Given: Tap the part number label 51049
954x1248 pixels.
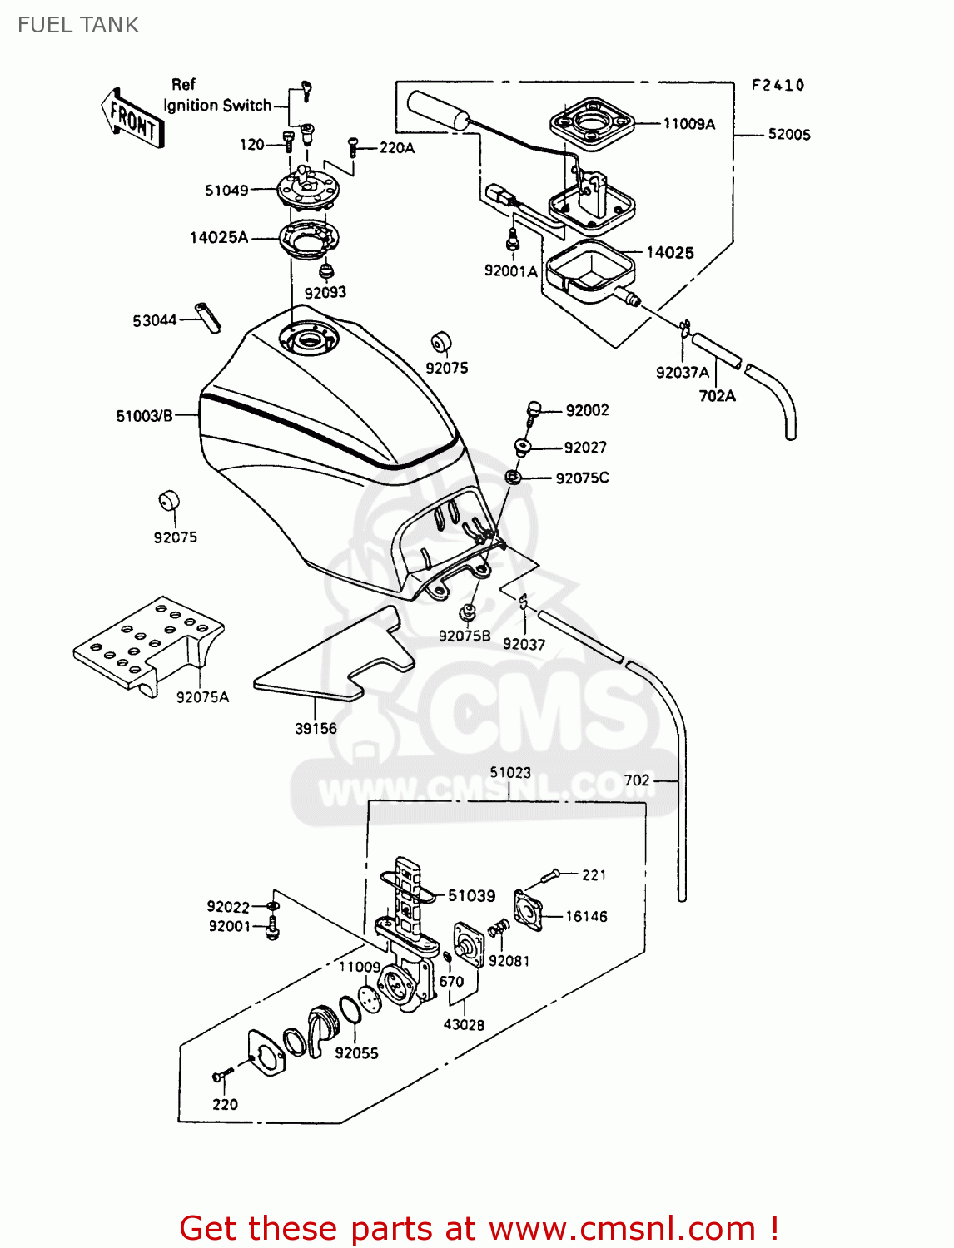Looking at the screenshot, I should (226, 191).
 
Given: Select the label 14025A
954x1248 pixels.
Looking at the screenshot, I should (219, 238).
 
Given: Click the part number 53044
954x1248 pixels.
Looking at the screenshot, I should (155, 320).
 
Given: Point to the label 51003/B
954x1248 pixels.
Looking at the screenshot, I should (145, 415).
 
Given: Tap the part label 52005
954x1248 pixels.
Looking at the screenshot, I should (788, 135).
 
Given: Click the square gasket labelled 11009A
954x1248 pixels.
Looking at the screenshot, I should (592, 124).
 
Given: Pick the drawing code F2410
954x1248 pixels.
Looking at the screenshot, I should (778, 85).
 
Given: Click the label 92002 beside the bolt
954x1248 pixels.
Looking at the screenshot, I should (587, 410).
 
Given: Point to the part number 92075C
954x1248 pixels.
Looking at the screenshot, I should (582, 478).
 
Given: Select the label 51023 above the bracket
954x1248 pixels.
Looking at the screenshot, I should (509, 772).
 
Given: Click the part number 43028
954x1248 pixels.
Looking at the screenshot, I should (464, 1024).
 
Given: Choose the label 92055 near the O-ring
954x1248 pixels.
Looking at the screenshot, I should (356, 1052).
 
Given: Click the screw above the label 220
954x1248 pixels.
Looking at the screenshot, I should (219, 1077).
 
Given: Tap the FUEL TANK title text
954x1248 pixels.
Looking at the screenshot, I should (78, 25).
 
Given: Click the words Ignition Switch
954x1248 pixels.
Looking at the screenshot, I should (217, 106).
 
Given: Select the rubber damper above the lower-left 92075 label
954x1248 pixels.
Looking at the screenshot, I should (169, 501).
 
